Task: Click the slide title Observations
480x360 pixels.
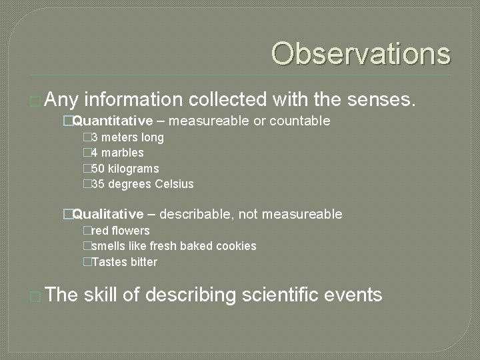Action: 361,54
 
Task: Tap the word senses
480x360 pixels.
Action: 383,100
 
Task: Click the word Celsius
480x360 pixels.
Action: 174,184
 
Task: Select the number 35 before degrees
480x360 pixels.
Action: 97,184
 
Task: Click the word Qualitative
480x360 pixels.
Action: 108,214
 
